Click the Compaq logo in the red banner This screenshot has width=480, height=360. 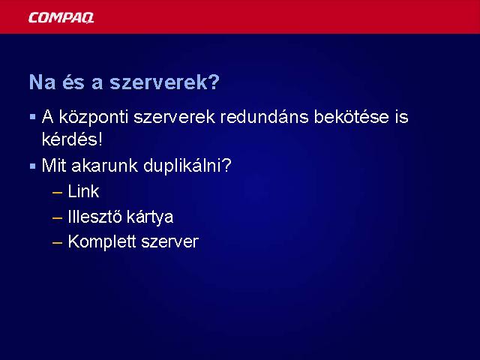(61, 17)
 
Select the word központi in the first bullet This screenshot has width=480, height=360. (93, 118)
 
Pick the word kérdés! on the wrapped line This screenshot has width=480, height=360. (72, 139)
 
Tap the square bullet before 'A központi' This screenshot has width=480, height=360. (33, 117)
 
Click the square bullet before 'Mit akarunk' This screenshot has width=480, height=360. (33, 166)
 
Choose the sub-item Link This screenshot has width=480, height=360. (83, 191)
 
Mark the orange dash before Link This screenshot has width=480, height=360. (57, 193)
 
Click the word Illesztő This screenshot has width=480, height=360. (94, 217)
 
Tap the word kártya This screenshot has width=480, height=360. (150, 217)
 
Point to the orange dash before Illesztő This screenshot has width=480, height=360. (57, 218)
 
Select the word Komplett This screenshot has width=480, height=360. (102, 241)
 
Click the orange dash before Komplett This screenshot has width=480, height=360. (57, 243)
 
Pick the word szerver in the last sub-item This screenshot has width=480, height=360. (170, 242)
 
